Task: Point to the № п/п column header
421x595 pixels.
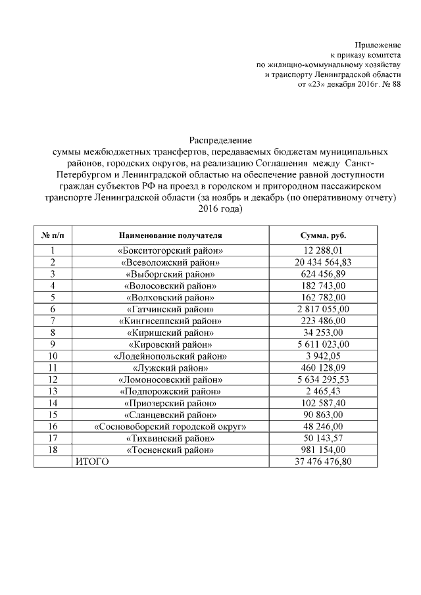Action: (53, 235)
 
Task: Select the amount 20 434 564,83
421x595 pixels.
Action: (324, 262)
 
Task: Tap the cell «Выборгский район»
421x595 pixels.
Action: (170, 274)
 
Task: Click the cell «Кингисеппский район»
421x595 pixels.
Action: (170, 321)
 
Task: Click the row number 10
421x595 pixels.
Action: (53, 356)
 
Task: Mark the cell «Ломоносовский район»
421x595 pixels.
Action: (170, 380)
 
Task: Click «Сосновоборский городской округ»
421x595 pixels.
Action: (170, 427)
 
